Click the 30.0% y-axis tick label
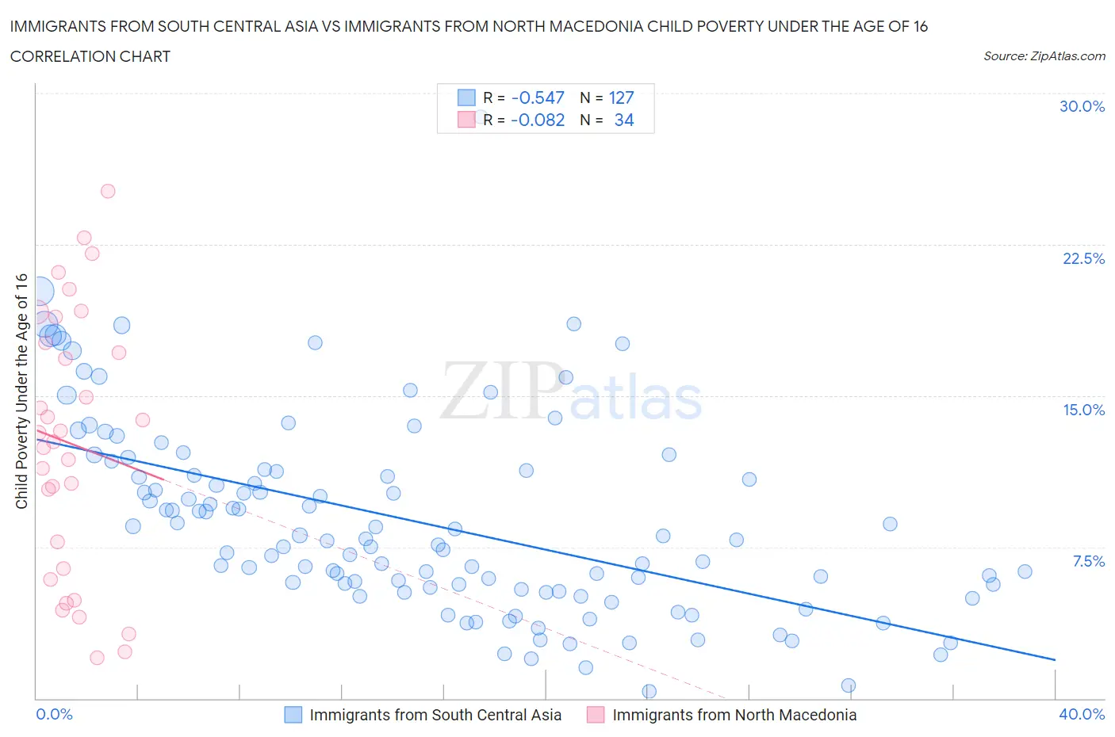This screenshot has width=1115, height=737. [1082, 106]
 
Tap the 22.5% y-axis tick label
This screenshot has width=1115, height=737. [1083, 258]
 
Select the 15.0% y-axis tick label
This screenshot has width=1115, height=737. [1083, 410]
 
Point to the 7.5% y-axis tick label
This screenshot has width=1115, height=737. [1088, 561]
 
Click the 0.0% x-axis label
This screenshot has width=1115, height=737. [55, 714]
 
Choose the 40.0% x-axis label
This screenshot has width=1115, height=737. [1082, 714]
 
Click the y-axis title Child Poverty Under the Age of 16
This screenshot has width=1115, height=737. [21, 391]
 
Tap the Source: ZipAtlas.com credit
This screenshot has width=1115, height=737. [1044, 55]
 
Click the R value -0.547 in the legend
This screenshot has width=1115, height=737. [538, 97]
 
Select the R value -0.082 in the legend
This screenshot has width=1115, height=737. [538, 120]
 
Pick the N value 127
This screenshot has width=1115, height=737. [621, 97]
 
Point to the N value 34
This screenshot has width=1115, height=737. [624, 120]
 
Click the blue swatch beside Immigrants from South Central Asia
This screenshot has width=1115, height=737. [293, 715]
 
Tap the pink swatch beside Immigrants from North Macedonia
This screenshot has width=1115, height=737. [596, 715]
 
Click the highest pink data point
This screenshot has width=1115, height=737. [108, 191]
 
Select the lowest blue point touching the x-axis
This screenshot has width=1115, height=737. [649, 691]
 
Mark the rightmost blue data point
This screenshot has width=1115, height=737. [1025, 571]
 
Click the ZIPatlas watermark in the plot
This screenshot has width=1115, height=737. [571, 392]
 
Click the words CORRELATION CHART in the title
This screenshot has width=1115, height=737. [90, 56]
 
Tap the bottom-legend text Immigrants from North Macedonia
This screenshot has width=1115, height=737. [734, 715]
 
